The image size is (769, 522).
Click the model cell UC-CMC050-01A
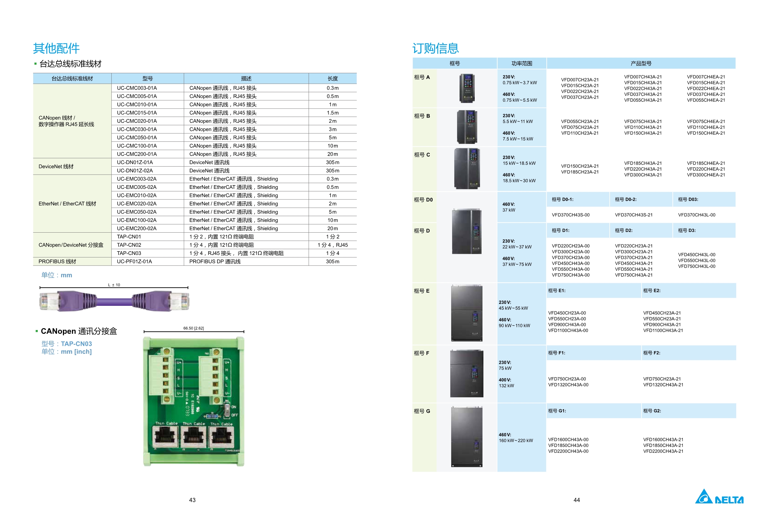pos(137,137)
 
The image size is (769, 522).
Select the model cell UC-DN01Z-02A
pos(135,171)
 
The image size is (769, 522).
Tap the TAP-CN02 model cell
pos(129,245)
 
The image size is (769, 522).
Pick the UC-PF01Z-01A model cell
pos(134,261)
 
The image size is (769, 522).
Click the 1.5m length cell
pos(332,113)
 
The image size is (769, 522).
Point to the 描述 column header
pos(246,78)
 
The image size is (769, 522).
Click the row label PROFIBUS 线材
pos(57,261)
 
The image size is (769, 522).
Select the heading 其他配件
pos(56,48)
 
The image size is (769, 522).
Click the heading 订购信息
pos(435,48)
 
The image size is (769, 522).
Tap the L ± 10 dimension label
pos(114,285)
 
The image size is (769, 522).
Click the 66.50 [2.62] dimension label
pos(193,328)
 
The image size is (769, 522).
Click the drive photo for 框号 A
pos(467,88)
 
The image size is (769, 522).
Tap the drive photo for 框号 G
pos(467,437)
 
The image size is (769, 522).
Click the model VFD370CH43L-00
pos(696,215)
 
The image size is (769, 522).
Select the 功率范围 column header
pos(522,64)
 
